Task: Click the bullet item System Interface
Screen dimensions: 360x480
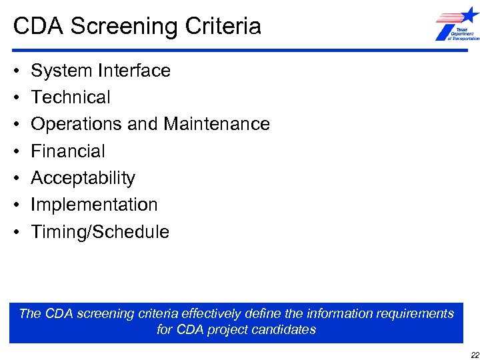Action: coord(101,71)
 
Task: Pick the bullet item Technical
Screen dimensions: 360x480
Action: coord(71,97)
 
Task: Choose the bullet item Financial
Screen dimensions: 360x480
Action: coord(68,151)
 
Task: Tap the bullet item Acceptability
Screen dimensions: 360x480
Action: coord(83,178)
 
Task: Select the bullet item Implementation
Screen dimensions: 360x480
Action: coord(94,205)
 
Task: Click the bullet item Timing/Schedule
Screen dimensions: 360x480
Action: coord(100,232)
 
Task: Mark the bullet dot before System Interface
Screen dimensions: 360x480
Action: coord(15,71)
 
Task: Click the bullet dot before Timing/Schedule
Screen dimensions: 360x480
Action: coord(15,233)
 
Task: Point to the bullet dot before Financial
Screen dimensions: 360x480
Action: coord(15,152)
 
